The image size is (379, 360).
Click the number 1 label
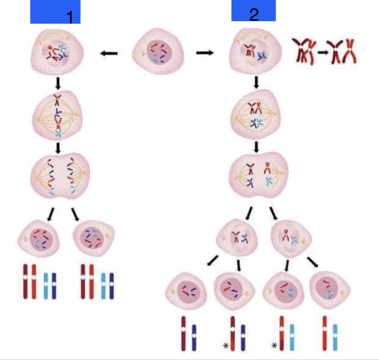click(69, 17)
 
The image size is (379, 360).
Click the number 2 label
click(254, 14)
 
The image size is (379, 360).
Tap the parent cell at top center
click(159, 52)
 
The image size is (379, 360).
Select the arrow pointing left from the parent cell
click(109, 53)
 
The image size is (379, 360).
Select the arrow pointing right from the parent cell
click(205, 53)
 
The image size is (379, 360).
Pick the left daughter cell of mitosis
click(39, 237)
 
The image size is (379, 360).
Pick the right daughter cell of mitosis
click(93, 237)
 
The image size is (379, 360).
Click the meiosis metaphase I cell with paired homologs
click(256, 115)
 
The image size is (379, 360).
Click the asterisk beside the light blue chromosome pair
click(274, 346)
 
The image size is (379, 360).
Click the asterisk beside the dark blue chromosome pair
click(225, 346)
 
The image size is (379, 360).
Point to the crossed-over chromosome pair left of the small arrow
click(303, 52)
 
